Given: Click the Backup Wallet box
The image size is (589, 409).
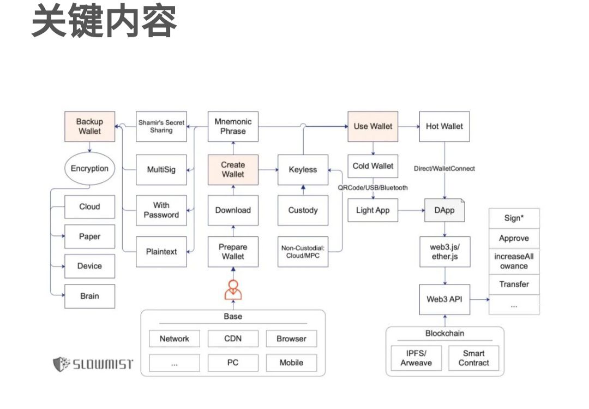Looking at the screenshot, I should tap(89, 126).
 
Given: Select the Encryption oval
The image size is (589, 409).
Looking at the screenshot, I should tap(89, 169).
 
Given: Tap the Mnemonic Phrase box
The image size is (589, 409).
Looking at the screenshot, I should tap(233, 126).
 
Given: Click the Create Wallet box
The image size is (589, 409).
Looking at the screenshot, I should tap(233, 169).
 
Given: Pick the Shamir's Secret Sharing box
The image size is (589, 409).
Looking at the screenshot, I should tap(161, 126).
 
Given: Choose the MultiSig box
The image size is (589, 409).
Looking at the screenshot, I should tap(161, 169).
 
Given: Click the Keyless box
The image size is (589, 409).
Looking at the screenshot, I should tap(303, 169).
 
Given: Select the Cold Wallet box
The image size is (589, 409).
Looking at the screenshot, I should tap(372, 166).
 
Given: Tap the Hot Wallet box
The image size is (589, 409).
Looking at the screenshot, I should tap(444, 126).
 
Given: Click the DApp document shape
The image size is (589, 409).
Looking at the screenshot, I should tap(444, 210).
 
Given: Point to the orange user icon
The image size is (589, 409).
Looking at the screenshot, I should tap(233, 289).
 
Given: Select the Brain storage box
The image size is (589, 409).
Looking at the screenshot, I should tap(89, 296).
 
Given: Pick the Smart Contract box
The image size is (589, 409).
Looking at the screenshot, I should tap(473, 358).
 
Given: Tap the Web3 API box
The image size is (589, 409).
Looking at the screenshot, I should tap(444, 299).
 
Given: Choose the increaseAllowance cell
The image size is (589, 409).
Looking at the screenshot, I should tap(514, 261).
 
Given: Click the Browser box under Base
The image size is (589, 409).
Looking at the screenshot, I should tap(291, 339).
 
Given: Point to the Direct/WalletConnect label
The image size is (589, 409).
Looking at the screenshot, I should tap(444, 168).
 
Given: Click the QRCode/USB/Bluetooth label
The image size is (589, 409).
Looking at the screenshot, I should tap(372, 188).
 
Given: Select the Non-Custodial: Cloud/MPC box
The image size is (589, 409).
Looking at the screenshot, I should tap(303, 252).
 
